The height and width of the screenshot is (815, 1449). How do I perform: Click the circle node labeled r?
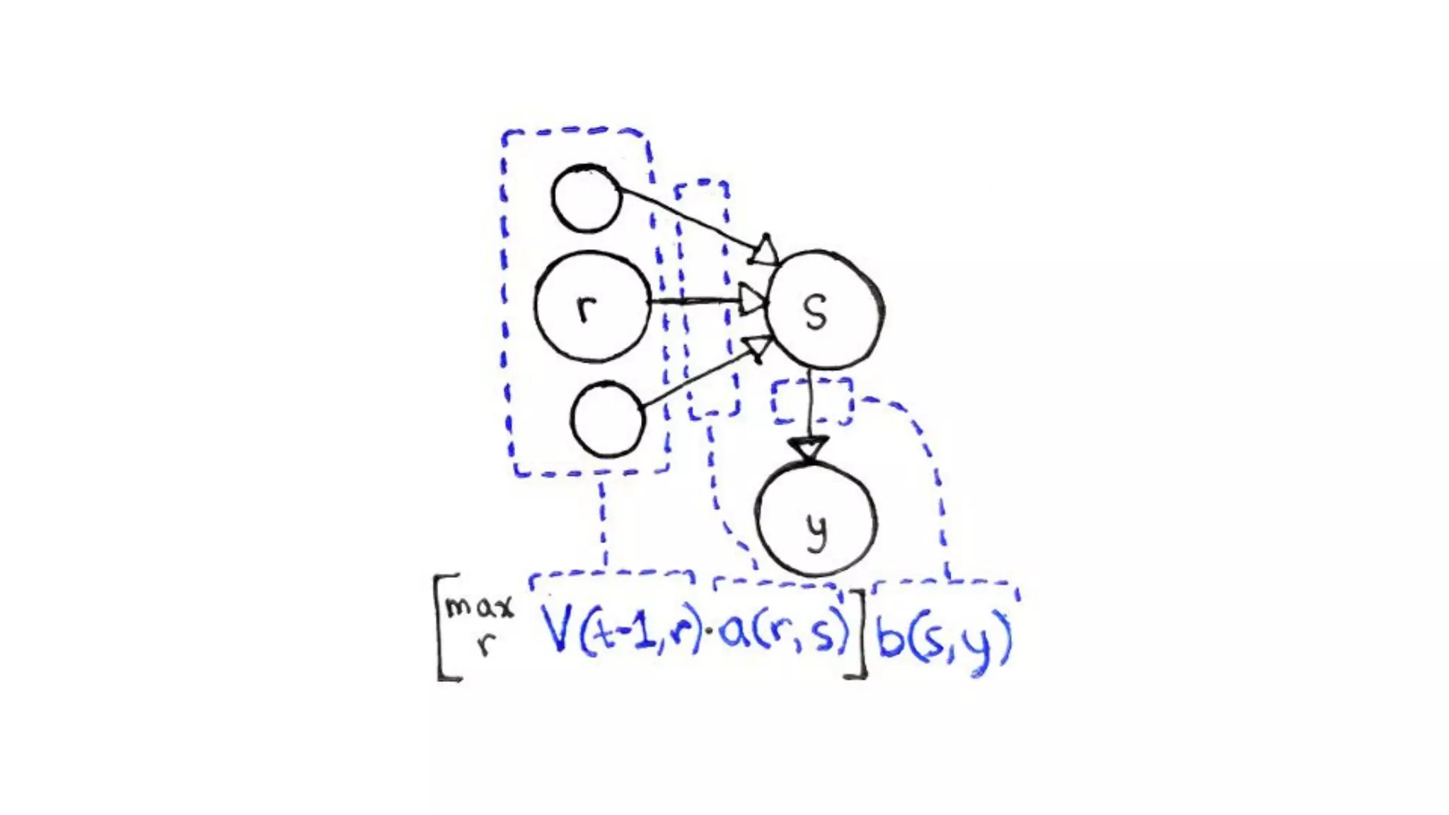pyautogui.click(x=591, y=306)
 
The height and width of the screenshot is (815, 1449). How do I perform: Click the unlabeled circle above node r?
pyautogui.click(x=586, y=199)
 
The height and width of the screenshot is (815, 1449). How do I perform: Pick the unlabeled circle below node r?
pyautogui.click(x=608, y=420)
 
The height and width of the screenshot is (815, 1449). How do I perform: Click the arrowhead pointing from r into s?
pyautogui.click(x=753, y=301)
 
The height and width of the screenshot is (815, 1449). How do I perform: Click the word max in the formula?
pyautogui.click(x=479, y=606)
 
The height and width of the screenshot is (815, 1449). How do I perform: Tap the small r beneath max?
pyautogui.click(x=485, y=643)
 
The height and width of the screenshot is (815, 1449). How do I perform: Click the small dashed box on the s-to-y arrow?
pyautogui.click(x=812, y=401)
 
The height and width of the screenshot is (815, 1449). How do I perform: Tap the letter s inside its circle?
pyautogui.click(x=816, y=312)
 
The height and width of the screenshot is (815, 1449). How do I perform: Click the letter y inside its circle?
pyautogui.click(x=816, y=531)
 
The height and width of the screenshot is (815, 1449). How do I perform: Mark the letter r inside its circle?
pyautogui.click(x=585, y=308)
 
